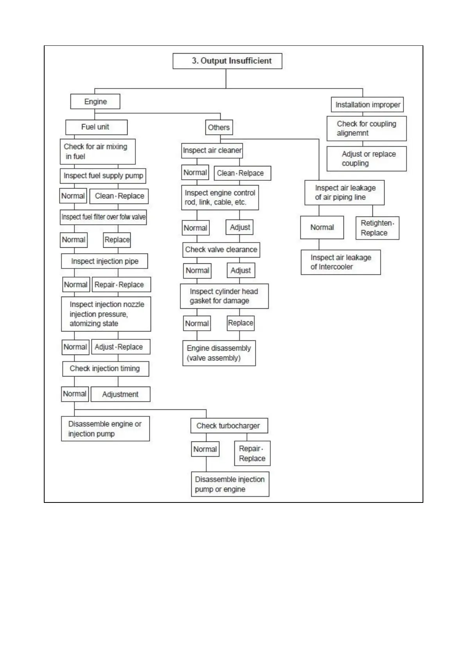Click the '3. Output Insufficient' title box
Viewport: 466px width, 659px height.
227,61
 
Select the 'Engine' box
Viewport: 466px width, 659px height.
95,102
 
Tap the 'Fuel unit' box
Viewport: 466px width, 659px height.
96,127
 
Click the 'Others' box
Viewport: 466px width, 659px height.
219,128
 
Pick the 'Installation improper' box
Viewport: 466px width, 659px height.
367,105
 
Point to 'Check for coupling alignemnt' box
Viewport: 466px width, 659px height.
367,128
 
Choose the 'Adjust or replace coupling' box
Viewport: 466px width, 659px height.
367,158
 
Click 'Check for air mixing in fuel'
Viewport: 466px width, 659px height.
97,151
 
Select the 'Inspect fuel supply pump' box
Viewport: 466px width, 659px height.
103,176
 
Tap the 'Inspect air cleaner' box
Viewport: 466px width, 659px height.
212,151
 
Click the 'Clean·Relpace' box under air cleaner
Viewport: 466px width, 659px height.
243,173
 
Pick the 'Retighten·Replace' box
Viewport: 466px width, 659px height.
377,228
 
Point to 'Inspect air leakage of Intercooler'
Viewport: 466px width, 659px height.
340,262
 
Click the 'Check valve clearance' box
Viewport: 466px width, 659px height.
221,250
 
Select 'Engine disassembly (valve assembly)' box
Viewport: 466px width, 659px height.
219,353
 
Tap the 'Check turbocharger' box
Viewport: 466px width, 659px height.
229,426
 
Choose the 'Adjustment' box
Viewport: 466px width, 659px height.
120,394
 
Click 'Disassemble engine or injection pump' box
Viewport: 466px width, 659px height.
105,429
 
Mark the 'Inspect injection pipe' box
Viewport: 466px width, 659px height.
104,261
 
